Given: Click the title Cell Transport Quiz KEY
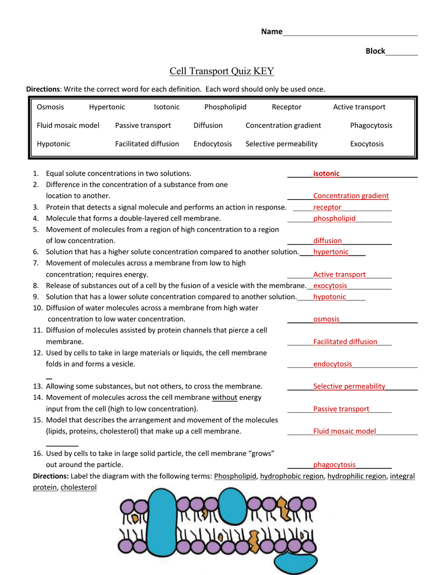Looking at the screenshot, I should click(x=222, y=71).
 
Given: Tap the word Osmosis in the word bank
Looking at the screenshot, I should click(x=51, y=107).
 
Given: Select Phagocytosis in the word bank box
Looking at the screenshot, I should click(x=371, y=125).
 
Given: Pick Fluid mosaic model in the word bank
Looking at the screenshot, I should click(x=68, y=125).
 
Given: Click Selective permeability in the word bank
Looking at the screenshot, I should click(x=281, y=144).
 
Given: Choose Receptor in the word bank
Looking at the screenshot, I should click(x=286, y=107).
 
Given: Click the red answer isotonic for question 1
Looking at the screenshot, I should click(x=326, y=174).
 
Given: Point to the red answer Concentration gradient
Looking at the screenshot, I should click(x=351, y=196).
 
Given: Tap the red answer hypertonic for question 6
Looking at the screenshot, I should click(x=331, y=252).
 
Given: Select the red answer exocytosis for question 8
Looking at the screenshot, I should click(x=330, y=286).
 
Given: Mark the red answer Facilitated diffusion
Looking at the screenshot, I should click(x=345, y=341).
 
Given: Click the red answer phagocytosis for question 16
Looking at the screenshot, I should click(x=335, y=464).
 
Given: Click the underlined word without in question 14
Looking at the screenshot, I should click(x=225, y=398).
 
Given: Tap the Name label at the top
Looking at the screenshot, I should click(x=272, y=32).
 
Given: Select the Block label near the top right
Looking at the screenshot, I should click(x=376, y=51).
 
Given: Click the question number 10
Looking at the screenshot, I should click(x=38, y=308).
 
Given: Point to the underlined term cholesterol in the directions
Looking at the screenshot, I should click(x=79, y=487).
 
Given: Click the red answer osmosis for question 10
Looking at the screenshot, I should click(x=326, y=319).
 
